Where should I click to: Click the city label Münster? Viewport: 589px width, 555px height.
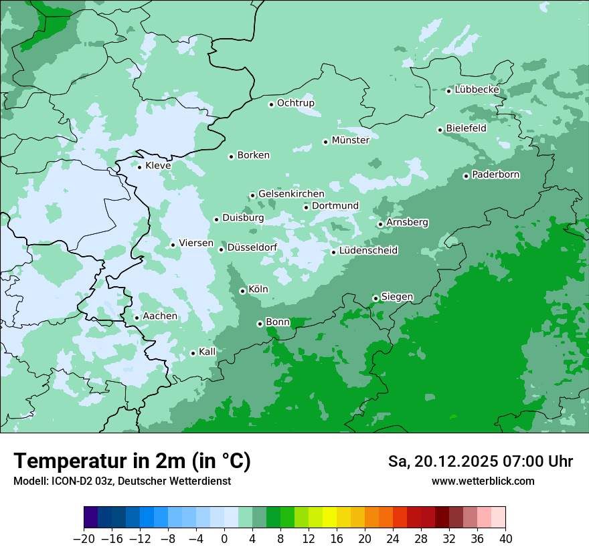coord(350,140)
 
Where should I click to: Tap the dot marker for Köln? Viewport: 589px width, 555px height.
coord(242,291)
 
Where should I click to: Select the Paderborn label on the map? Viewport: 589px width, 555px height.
coord(495,175)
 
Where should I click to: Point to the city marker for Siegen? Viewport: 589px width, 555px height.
coord(375,298)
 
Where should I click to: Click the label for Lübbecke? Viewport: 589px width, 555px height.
coord(477,90)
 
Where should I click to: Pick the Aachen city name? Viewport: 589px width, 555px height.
coord(160,316)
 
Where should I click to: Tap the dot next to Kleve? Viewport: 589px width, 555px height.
coord(139,167)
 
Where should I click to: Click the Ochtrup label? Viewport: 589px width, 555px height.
coord(295,103)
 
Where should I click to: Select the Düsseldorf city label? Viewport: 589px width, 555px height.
coord(252,248)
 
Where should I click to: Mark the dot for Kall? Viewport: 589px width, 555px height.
coord(193,353)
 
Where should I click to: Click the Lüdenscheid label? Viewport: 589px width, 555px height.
coord(368,251)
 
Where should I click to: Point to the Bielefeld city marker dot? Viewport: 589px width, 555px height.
coord(440,130)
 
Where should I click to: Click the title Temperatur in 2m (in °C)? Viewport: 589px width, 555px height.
coord(132,461)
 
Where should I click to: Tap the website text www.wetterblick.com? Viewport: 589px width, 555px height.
coord(483,481)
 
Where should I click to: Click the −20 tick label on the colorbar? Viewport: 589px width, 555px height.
coord(84,539)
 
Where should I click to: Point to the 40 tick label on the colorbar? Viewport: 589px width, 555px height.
coord(505,539)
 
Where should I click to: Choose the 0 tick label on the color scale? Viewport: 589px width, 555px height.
coord(224,539)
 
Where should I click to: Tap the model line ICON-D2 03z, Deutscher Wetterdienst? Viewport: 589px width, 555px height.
coord(122,481)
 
